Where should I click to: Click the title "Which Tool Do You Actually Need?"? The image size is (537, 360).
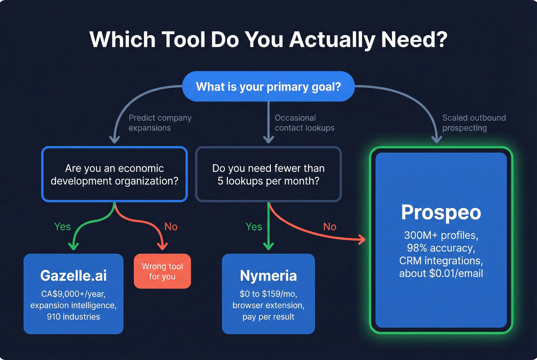[268, 39]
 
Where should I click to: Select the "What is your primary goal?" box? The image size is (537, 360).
[268, 87]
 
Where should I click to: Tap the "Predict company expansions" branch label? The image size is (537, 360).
[160, 123]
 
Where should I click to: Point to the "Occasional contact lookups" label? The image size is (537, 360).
[304, 123]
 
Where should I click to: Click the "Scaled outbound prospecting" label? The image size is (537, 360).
[474, 123]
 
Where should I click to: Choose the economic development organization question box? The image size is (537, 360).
[114, 174]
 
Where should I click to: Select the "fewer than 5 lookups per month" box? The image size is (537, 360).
[268, 174]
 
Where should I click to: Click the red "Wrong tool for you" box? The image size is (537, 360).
[162, 271]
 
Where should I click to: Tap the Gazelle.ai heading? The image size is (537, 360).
[73, 276]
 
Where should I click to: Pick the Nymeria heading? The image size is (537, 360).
[268, 276]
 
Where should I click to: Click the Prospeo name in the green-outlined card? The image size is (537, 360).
[441, 212]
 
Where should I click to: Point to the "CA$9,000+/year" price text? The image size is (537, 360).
[73, 294]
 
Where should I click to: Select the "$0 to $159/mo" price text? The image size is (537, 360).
[268, 294]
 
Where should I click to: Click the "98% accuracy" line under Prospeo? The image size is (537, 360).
[441, 248]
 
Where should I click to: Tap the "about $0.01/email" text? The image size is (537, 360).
[441, 273]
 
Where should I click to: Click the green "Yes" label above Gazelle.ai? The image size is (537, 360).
[62, 227]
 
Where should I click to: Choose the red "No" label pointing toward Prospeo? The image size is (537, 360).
[329, 227]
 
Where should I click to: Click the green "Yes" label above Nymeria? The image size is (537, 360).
[254, 227]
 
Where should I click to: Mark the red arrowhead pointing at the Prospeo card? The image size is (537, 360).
[362, 240]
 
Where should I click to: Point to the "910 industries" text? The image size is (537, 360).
[73, 317]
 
